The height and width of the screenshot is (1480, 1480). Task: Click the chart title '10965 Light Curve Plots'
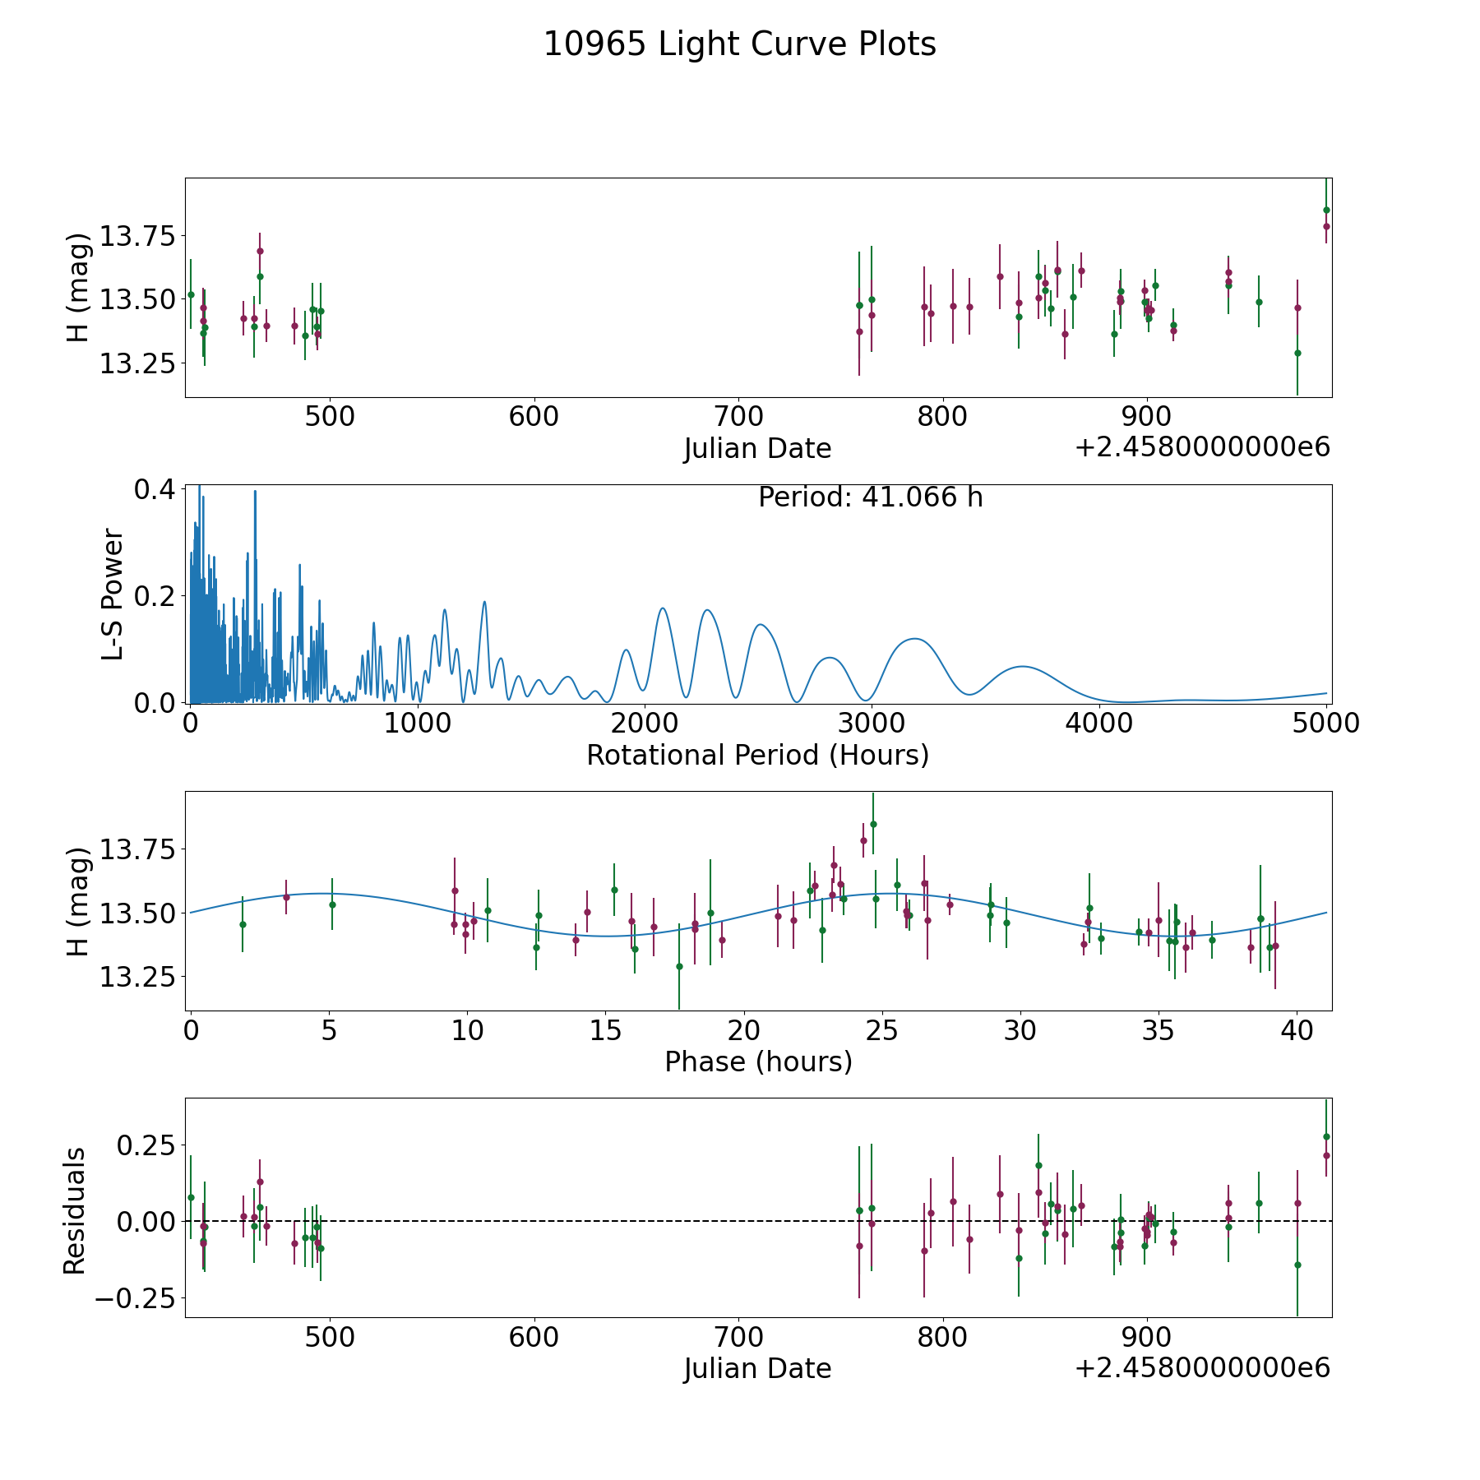739,44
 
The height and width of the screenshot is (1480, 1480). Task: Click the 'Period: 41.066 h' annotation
870,497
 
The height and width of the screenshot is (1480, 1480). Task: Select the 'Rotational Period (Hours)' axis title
757,755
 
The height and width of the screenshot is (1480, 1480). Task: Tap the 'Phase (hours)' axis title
757,1061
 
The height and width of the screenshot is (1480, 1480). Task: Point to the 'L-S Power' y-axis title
113,594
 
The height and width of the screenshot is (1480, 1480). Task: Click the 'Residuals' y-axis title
75,1210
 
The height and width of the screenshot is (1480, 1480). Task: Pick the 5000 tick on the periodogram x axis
1325,724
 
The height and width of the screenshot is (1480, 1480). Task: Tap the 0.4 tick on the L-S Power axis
155,489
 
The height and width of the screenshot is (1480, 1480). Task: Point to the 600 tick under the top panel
534,417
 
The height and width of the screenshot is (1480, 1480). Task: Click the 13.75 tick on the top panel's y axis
137,237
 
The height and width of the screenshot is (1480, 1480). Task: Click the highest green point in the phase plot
873,824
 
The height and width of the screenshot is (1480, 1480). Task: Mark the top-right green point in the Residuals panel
1325,1137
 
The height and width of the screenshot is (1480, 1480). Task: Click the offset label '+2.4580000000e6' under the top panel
1202,447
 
